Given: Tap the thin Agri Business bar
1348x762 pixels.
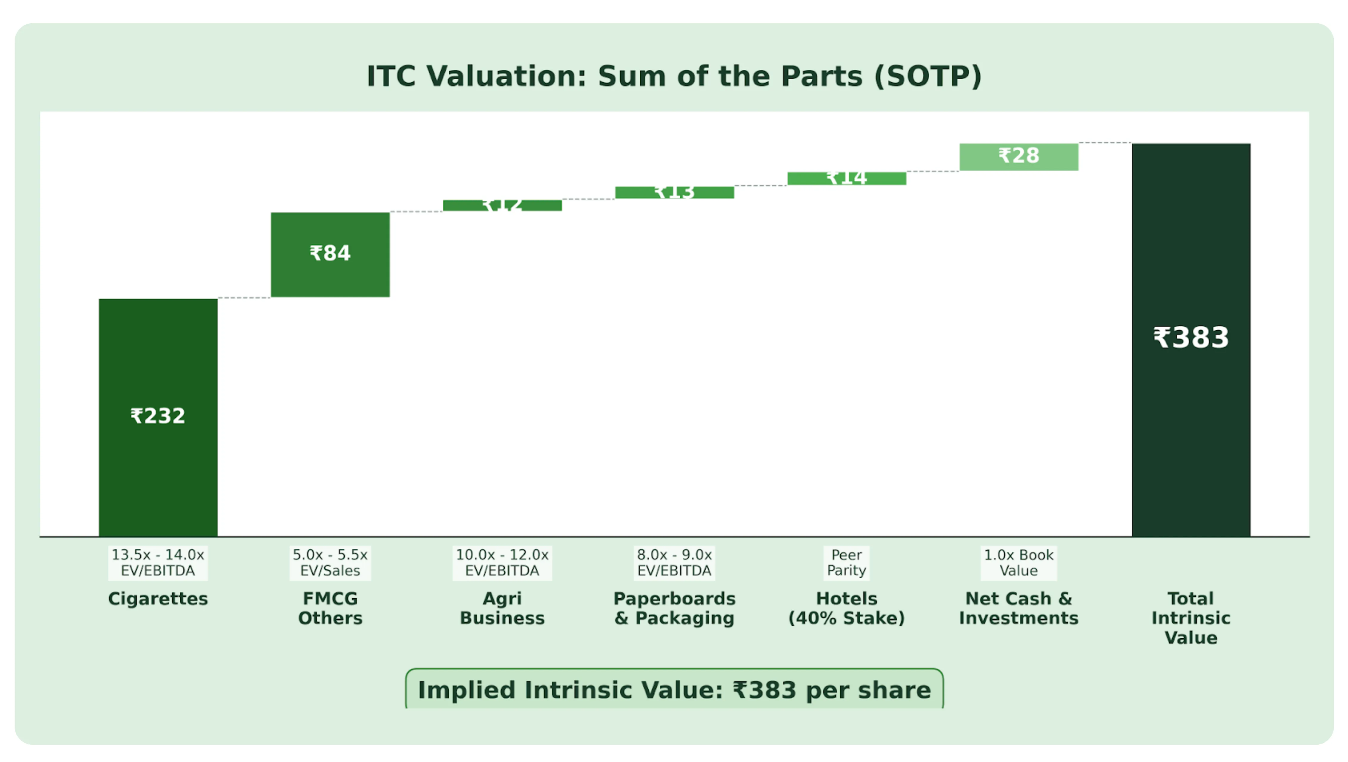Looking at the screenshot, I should click(x=502, y=206).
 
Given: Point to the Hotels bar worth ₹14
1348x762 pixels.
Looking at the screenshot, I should click(x=847, y=179).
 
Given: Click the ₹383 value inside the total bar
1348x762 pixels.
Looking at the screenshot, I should click(x=1191, y=337).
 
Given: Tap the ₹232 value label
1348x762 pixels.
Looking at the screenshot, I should click(x=158, y=416).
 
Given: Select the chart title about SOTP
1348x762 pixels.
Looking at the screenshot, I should click(x=674, y=76).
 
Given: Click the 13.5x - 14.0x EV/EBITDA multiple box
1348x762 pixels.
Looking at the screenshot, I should click(x=158, y=563).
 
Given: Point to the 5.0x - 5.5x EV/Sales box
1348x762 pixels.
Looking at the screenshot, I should click(x=330, y=563).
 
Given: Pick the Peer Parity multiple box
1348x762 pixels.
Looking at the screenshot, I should click(x=847, y=563).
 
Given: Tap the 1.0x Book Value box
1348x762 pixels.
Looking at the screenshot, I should click(x=1019, y=563).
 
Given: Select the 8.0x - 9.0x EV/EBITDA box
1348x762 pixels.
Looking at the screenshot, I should click(x=675, y=563).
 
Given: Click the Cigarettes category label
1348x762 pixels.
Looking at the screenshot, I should click(x=158, y=599).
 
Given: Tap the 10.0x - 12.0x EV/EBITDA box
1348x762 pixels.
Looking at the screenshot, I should click(x=502, y=563).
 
